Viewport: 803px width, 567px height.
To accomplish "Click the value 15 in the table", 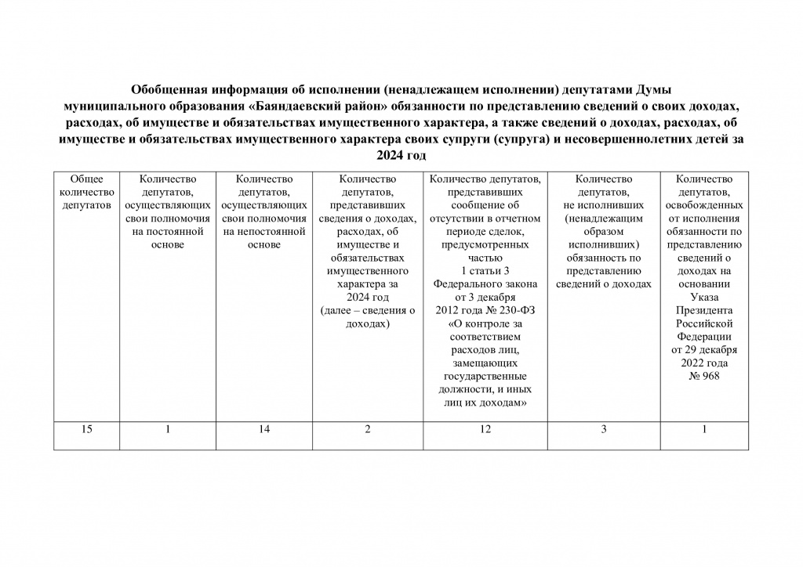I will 86,428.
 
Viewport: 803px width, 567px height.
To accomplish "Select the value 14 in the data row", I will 263,428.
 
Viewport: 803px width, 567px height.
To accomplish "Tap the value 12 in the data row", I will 485,428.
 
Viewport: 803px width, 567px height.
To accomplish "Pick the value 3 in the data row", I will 604,428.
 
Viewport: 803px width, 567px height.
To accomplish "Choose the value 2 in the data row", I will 368,428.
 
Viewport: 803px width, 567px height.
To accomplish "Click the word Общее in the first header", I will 86,179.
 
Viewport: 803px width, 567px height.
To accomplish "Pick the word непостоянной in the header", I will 263,232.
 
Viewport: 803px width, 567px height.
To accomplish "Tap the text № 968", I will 703,376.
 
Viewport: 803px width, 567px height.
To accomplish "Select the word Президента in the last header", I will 703,310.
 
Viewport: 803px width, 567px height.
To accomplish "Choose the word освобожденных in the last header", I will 703,205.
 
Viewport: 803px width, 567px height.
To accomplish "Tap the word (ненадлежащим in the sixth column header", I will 604,218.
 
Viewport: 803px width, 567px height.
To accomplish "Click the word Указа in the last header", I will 703,297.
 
